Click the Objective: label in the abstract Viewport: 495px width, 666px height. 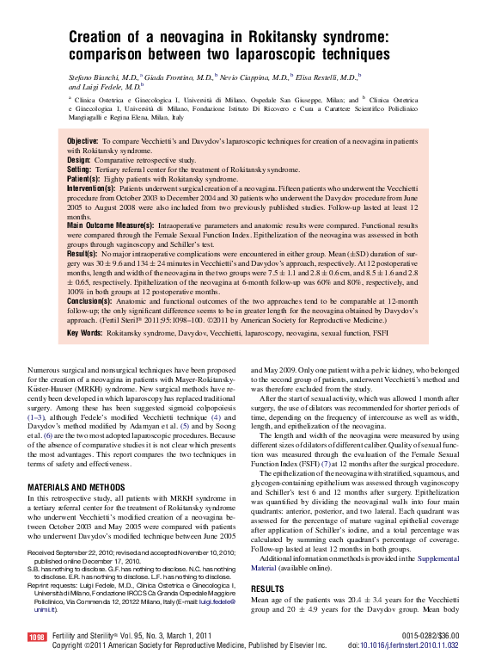coord(82,140)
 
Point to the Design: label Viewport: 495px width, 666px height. coord(78,160)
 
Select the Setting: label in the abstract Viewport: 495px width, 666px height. coord(79,170)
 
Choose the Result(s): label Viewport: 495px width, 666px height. coord(82,255)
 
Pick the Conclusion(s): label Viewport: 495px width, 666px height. coord(89,302)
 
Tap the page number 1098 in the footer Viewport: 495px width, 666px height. coord(36,638)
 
